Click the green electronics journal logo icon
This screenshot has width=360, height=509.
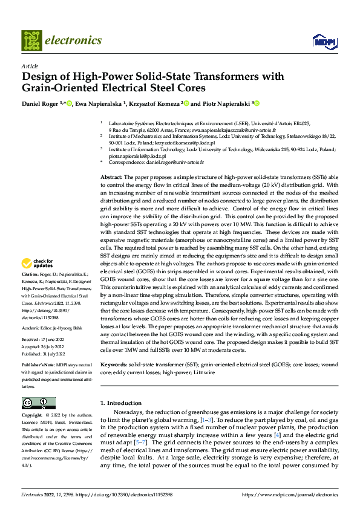click(x=31, y=41)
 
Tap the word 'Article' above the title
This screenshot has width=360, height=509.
click(x=30, y=66)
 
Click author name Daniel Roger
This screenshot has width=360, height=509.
click(x=40, y=103)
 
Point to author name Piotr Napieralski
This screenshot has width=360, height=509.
click(x=224, y=103)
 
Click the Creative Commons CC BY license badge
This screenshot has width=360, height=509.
click(x=38, y=403)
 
